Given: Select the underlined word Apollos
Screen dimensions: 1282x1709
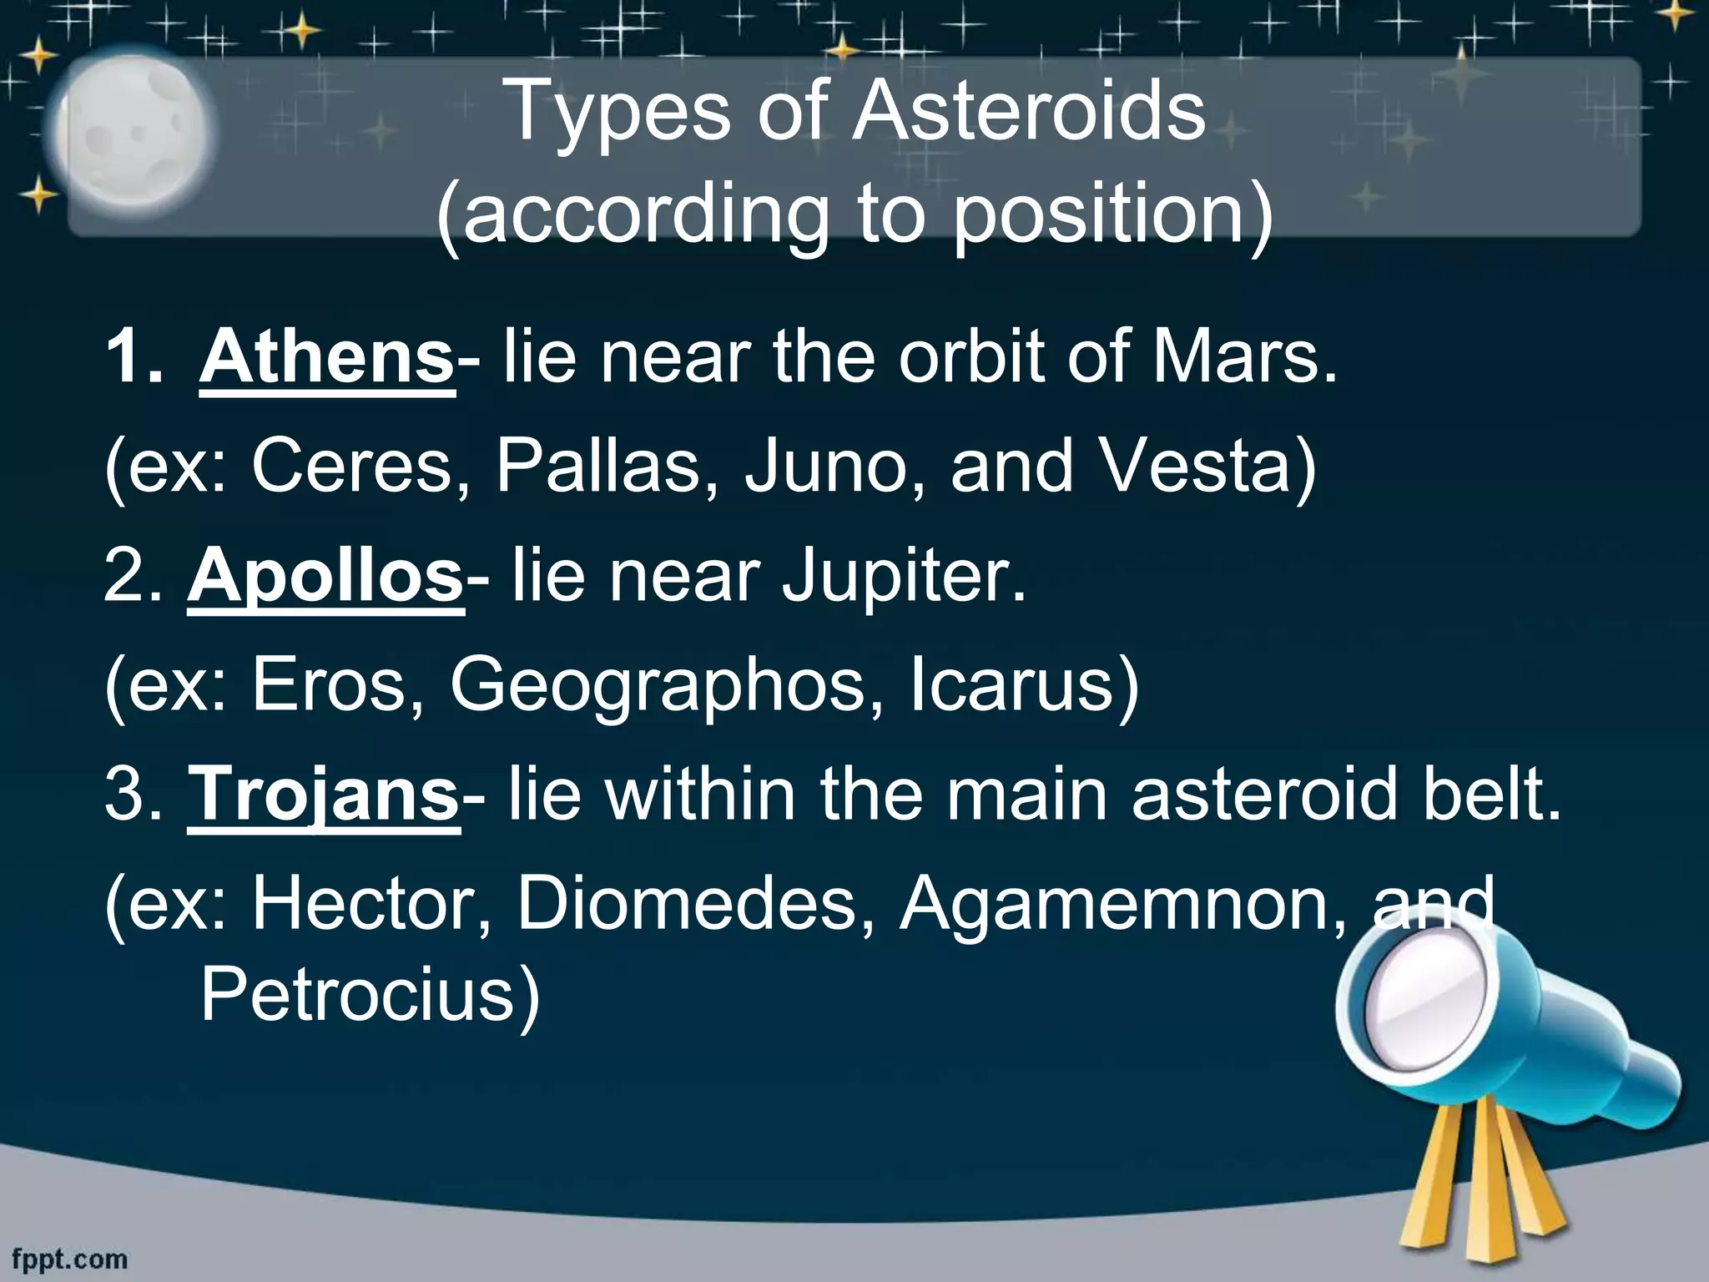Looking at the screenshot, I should pyautogui.click(x=325, y=578).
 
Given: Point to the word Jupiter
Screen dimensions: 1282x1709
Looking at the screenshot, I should pyautogui.click(x=903, y=578).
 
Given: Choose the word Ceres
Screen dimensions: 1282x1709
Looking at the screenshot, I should pyautogui.click(x=360, y=467).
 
